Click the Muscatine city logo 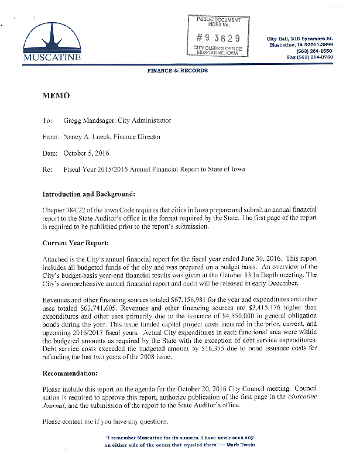click(x=52, y=44)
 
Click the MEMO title click(x=56, y=95)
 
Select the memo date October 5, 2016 click(x=83, y=153)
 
